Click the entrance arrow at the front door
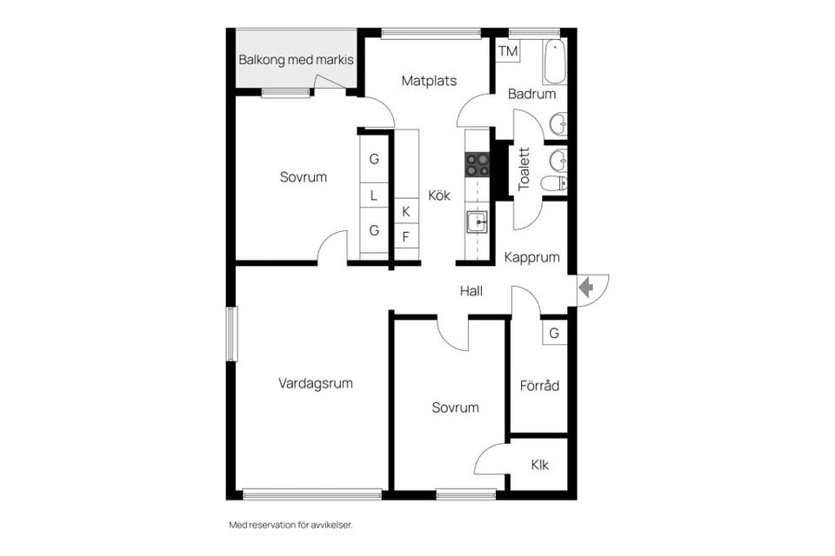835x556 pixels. coord(586,288)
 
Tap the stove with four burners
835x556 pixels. coord(478,164)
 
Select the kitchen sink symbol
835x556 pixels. coord(478,222)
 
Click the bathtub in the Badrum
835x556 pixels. coord(554,62)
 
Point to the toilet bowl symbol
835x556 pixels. coord(554,183)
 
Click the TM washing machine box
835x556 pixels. coord(508,51)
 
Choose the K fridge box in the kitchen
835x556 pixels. coord(406,211)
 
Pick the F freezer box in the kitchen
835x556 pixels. coord(406,236)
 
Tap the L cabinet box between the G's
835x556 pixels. coord(374,195)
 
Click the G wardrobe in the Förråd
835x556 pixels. coord(554,333)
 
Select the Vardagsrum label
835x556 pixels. coord(315,383)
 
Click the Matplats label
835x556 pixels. coord(429,81)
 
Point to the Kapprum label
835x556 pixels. coord(532,257)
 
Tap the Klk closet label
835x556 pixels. coord(540,465)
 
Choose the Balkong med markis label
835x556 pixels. coord(296,60)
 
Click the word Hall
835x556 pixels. coord(471,290)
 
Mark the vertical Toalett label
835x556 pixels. coord(524,169)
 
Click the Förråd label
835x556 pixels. coord(539,385)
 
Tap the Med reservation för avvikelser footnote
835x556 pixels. coord(291,525)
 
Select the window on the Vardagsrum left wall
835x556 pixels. coord(231,334)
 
